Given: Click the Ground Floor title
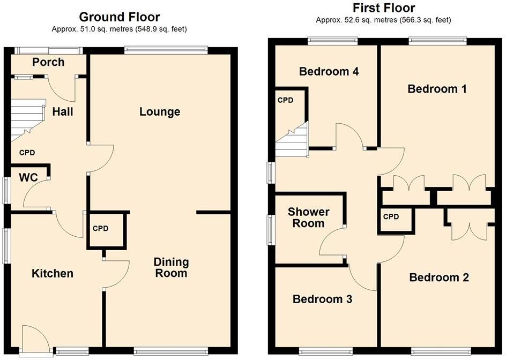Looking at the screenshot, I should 119,17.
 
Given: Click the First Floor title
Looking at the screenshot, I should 383,8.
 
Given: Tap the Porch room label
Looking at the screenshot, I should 48,62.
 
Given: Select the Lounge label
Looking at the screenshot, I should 160,112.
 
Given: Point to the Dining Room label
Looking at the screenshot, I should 171,267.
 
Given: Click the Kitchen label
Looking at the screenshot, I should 53,274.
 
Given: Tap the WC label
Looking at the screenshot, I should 28,178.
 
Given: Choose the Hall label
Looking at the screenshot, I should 63,112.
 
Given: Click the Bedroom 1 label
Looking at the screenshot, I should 437,89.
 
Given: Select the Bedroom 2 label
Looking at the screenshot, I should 439,277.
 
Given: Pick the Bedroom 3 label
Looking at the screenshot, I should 322,299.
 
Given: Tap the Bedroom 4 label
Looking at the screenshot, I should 329,72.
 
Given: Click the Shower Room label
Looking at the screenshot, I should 309,217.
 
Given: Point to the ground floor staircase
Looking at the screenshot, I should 27,121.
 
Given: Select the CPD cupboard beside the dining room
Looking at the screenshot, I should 107,229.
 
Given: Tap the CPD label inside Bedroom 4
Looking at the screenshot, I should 285,100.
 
